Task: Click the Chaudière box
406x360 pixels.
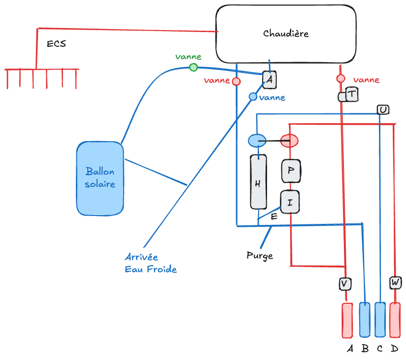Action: [x=286, y=34]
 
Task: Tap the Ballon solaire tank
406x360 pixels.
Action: [x=100, y=178]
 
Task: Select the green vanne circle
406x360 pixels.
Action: [x=194, y=67]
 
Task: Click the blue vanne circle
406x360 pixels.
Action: [x=253, y=97]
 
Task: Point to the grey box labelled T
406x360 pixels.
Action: [x=352, y=94]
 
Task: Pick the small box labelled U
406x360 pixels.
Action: [x=383, y=109]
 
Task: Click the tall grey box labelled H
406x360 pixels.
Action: [x=258, y=181]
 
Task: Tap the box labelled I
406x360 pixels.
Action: [x=290, y=201]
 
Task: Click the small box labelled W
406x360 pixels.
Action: [x=395, y=283]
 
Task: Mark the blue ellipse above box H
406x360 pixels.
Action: [x=257, y=141]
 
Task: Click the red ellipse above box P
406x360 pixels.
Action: [x=290, y=141]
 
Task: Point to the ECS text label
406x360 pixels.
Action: [x=56, y=44]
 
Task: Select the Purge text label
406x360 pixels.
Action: [x=260, y=256]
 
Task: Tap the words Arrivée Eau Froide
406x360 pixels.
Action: [x=150, y=263]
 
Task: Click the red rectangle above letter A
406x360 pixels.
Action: [x=347, y=320]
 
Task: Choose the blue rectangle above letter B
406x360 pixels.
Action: [x=365, y=320]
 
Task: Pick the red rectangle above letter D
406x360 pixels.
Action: [x=395, y=320]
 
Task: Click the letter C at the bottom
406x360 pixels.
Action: [x=379, y=349]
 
